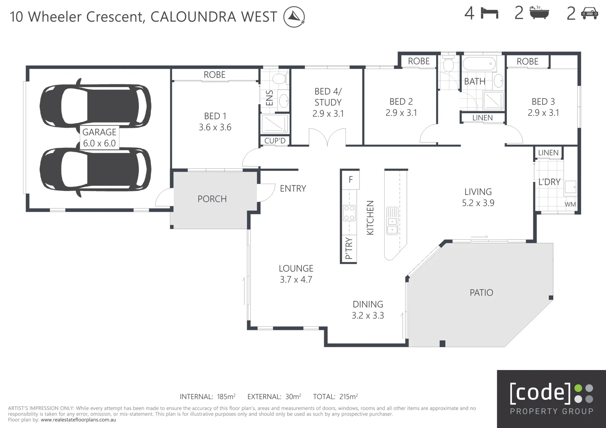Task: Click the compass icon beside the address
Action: (294, 17)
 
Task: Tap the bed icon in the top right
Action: (489, 14)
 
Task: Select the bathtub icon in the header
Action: (539, 13)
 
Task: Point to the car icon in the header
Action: (589, 14)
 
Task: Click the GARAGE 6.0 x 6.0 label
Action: (99, 138)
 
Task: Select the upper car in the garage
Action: (95, 105)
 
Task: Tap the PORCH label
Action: (212, 199)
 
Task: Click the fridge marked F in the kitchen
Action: (350, 180)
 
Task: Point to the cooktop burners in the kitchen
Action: (349, 213)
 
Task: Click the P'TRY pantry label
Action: (349, 248)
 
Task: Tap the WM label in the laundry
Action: (570, 204)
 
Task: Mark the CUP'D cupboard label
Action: (275, 141)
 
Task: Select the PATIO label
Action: (481, 293)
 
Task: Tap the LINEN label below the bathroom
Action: (482, 118)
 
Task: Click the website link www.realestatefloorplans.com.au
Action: (78, 420)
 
